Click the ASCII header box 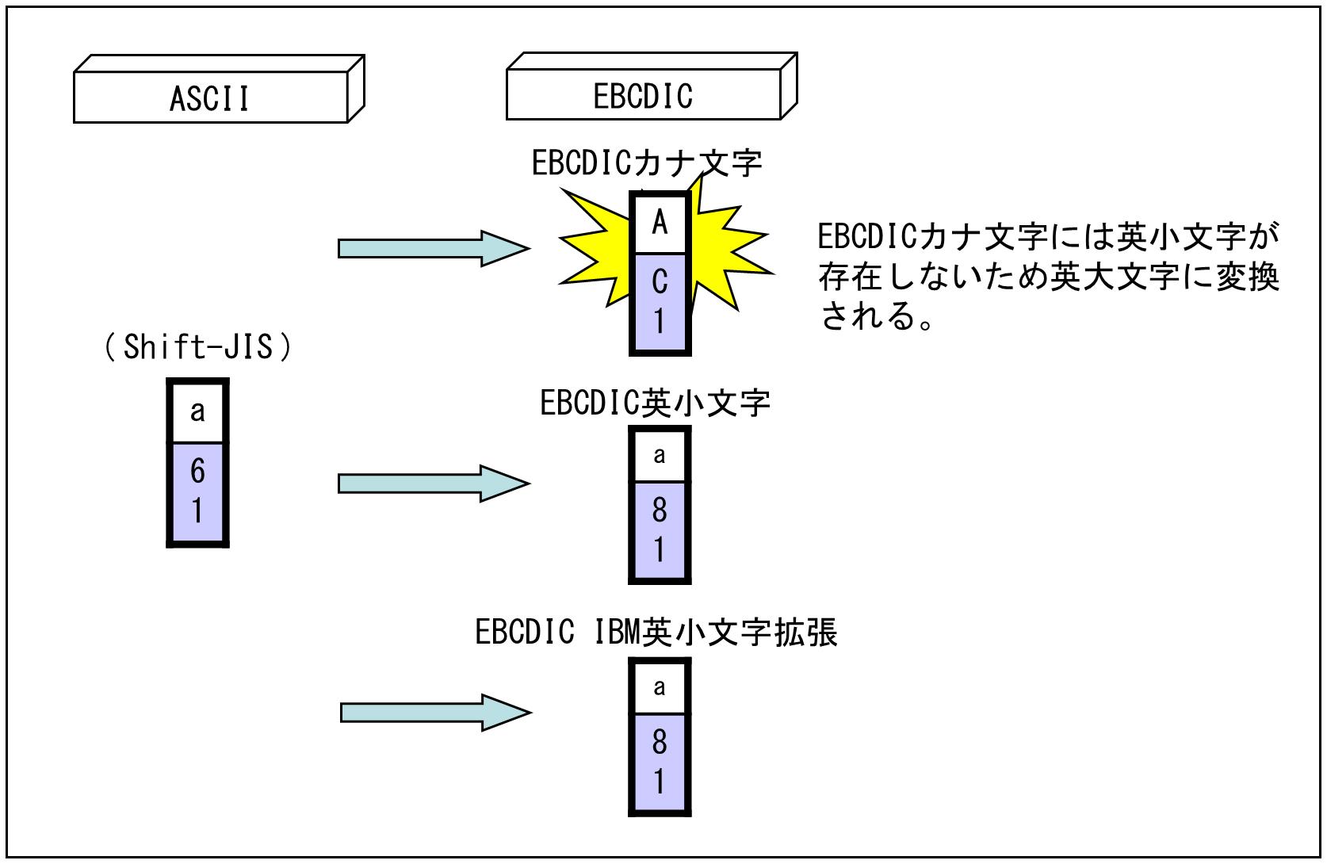[x=210, y=98]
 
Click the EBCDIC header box [x=643, y=97]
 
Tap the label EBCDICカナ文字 [x=646, y=163]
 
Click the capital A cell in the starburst [x=660, y=224]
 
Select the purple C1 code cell [x=660, y=302]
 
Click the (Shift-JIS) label [x=197, y=347]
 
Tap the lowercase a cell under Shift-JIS [x=197, y=411]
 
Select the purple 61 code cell [x=197, y=491]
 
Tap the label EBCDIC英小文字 [x=655, y=403]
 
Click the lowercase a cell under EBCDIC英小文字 [x=660, y=455]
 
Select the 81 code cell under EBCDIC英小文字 [x=660, y=530]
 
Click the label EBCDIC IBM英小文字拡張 [x=656, y=633]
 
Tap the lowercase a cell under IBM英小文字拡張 [x=660, y=686]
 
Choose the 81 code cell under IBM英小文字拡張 [x=660, y=763]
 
